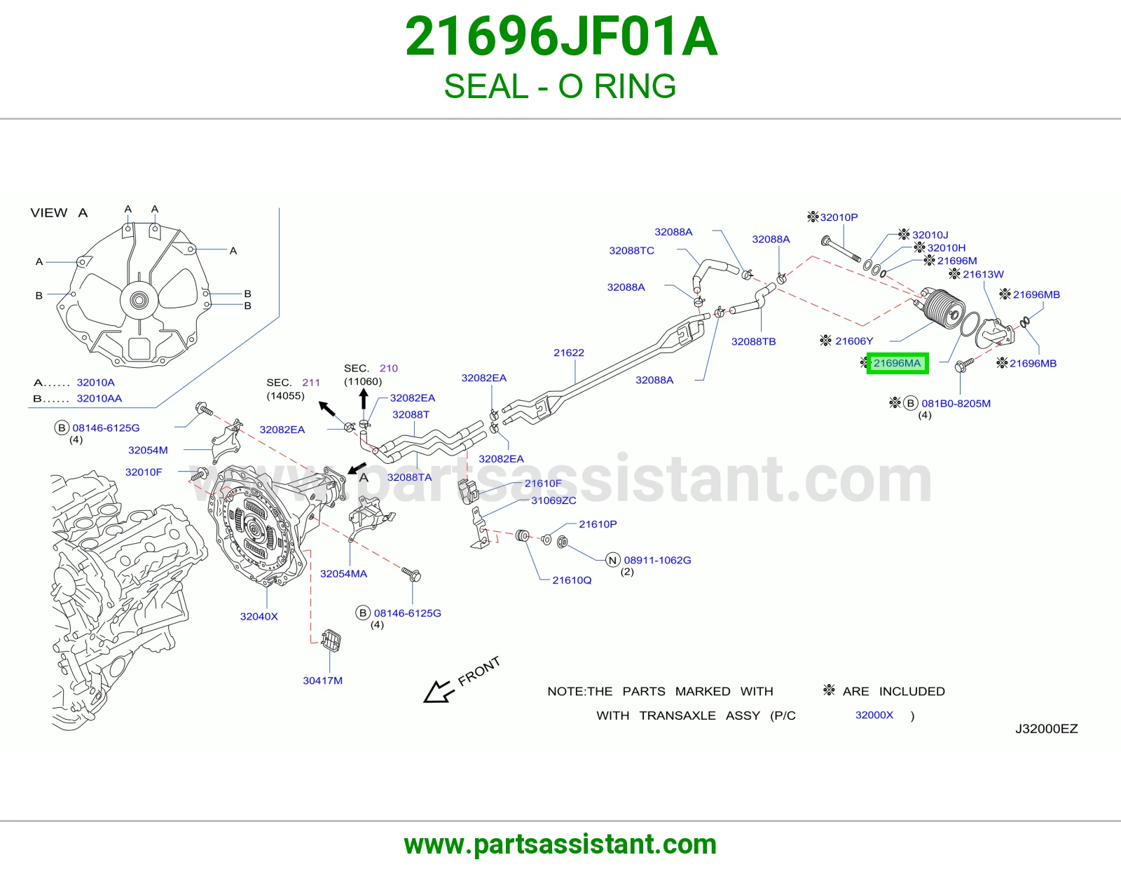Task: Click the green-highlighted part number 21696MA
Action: tap(897, 363)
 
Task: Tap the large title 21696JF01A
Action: tap(560, 37)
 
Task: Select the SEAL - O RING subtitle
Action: tap(560, 86)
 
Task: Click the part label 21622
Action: tap(568, 353)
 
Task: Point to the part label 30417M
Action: tap(322, 680)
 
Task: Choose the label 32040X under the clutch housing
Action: tap(259, 616)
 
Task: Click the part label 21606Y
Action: tap(854, 341)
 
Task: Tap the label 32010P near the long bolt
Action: tap(839, 217)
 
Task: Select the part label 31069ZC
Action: tap(553, 500)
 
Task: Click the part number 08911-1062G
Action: tap(657, 560)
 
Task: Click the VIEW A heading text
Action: tap(59, 212)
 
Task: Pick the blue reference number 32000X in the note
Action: tap(874, 715)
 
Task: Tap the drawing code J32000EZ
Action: tap(1046, 729)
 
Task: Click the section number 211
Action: tap(311, 383)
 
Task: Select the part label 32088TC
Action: tap(631, 250)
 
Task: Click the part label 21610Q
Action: tap(572, 580)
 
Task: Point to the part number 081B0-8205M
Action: tap(956, 403)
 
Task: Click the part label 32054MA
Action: tap(343, 573)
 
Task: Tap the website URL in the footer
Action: tap(560, 844)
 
